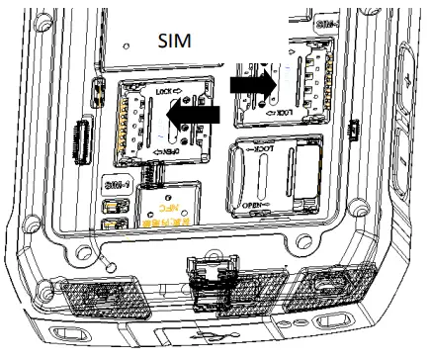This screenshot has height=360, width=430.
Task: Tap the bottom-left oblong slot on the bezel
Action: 68,329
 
